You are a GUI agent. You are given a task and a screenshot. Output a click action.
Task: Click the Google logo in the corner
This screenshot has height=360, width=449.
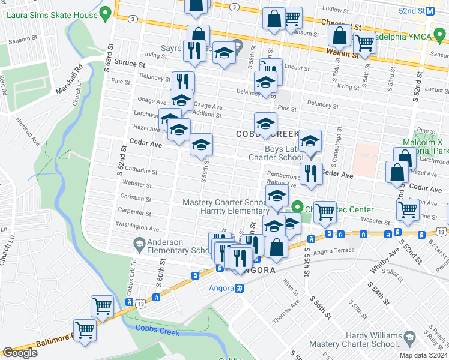pyautogui.click(x=20, y=353)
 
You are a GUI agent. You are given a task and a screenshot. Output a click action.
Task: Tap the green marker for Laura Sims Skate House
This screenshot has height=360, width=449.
pyautogui.click(x=106, y=12)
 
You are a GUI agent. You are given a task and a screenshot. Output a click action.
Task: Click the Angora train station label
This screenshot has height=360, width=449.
pyautogui.click(x=220, y=288)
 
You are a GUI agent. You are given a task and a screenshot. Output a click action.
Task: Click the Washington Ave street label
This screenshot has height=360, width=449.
pyautogui.click(x=137, y=229)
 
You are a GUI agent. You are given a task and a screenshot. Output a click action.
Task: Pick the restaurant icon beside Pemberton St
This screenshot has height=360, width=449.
pyautogui.click(x=310, y=173)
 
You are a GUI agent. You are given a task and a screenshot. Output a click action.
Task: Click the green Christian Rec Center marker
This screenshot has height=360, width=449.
pyautogui.click(x=297, y=208)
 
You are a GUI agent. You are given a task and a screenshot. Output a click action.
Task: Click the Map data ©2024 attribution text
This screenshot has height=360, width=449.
pyautogui.click(x=423, y=355)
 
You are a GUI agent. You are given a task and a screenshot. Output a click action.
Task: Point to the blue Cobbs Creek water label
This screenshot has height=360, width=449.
pyautogui.click(x=155, y=327)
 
